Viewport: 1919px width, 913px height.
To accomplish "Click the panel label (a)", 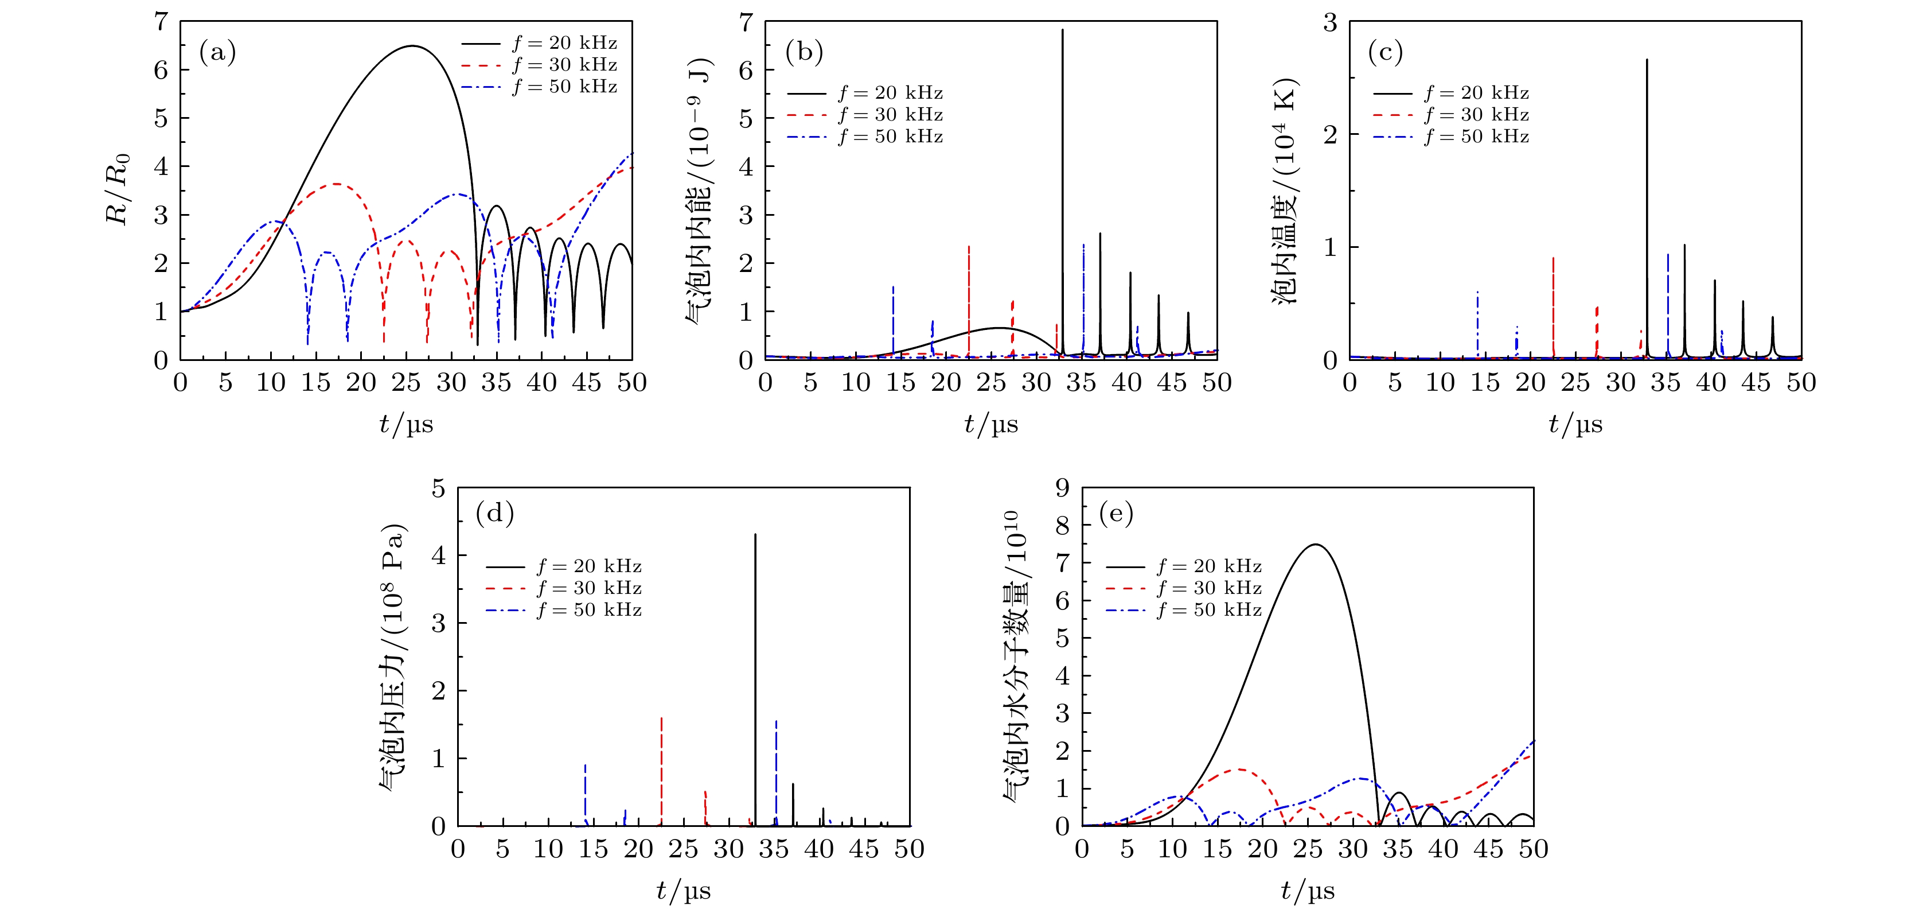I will pyautogui.click(x=217, y=52).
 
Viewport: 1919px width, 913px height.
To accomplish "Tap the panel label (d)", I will pyautogui.click(x=494, y=513).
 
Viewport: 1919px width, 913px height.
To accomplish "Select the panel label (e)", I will pyautogui.click(x=1116, y=513).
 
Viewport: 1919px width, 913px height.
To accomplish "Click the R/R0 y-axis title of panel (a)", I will pyautogui.click(x=118, y=189).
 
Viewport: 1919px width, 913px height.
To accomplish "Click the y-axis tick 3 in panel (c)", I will pyautogui.click(x=1330, y=22).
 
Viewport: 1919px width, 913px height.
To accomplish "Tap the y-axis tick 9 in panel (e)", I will pyautogui.click(x=1062, y=488).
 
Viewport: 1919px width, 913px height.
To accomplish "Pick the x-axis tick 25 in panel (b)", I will pyautogui.click(x=991, y=382).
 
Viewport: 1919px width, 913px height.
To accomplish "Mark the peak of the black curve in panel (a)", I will pyautogui.click(x=412, y=46).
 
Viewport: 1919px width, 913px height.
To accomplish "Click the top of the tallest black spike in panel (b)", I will pyautogui.click(x=1062, y=30).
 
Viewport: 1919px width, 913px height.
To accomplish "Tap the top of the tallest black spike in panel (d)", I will pyautogui.click(x=755, y=534).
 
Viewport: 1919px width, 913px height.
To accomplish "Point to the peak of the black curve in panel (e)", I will pyautogui.click(x=1316, y=545).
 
